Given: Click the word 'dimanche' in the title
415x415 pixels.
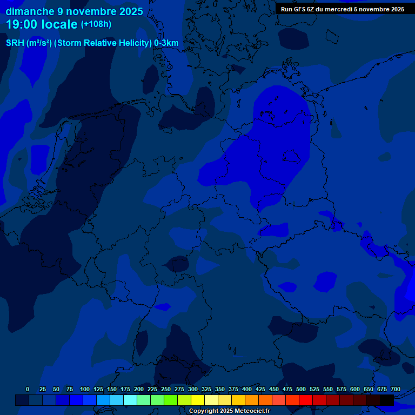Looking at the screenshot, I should point(30,11).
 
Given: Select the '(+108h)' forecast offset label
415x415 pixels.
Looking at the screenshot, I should point(96,24).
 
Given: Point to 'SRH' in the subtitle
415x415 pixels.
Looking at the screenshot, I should point(15,43).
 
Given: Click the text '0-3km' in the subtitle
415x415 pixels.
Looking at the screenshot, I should point(166,43).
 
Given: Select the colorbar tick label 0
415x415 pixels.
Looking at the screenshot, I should point(28,389).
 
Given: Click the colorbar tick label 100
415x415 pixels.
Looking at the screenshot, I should point(85,389).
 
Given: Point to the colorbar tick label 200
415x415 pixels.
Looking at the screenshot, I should point(139,389).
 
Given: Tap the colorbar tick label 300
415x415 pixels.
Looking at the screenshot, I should point(193,389).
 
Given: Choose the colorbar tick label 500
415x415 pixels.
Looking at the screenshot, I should point(301,389).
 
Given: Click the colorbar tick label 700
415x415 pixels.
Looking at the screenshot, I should point(396,389).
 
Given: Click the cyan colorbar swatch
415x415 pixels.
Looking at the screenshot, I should point(130,400).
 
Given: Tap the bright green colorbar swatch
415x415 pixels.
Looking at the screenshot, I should point(171,400).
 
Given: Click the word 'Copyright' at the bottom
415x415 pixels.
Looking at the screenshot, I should point(204,411).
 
